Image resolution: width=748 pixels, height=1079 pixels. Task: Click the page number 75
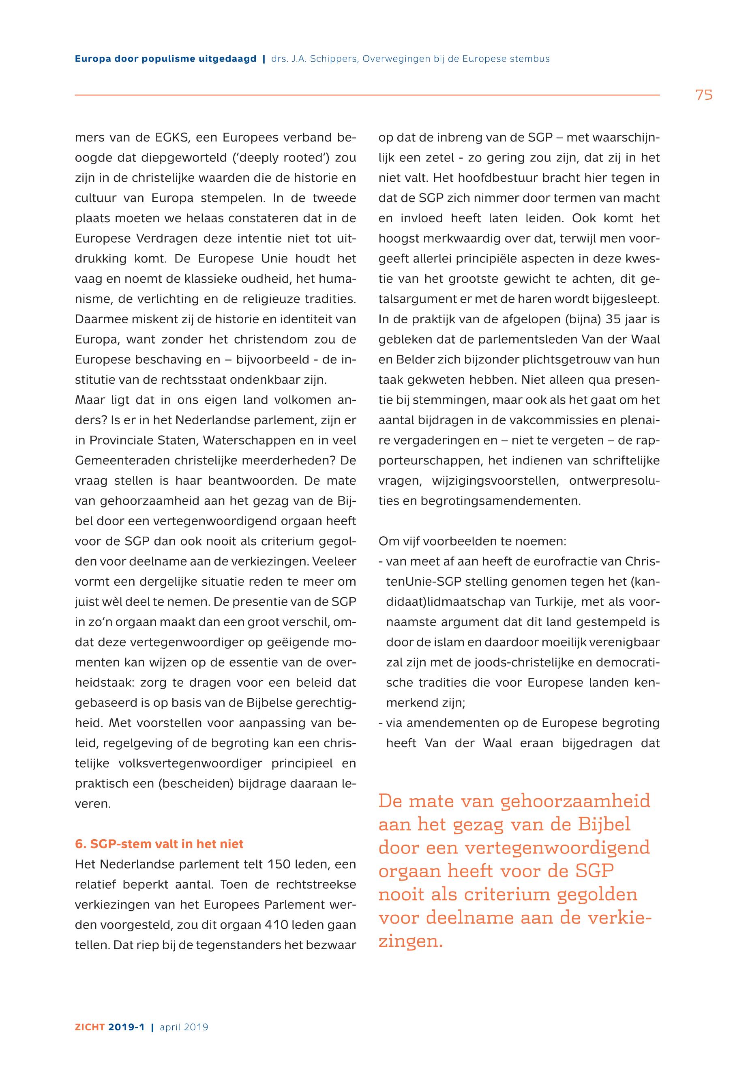pos(703,95)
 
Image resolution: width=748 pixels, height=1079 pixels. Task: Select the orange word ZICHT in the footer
pos(90,1027)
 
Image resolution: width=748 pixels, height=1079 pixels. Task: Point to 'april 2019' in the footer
pos(184,1027)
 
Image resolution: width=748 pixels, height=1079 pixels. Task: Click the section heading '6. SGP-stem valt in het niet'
pos(159,844)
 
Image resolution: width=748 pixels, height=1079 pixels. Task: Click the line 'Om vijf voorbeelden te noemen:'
pos(472,542)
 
